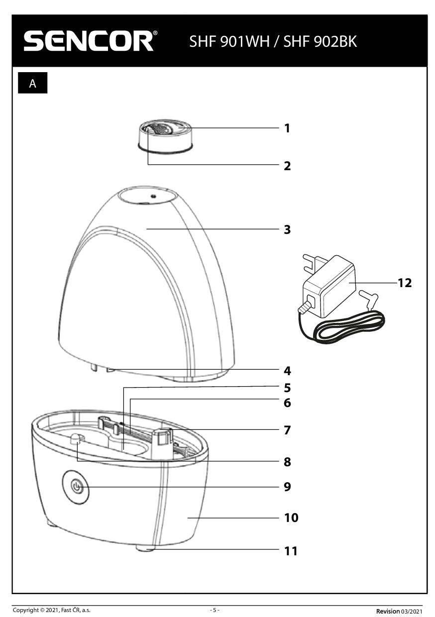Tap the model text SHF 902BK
[x=320, y=41]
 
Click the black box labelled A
[x=33, y=84]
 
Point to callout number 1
[x=287, y=128]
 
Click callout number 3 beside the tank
[x=287, y=230]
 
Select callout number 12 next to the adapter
[x=405, y=283]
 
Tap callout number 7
[x=287, y=430]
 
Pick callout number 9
[x=287, y=486]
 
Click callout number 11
[x=291, y=551]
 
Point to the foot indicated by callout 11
[x=144, y=548]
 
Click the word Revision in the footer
[x=387, y=611]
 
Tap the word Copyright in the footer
[x=25, y=610]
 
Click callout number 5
[x=287, y=388]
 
